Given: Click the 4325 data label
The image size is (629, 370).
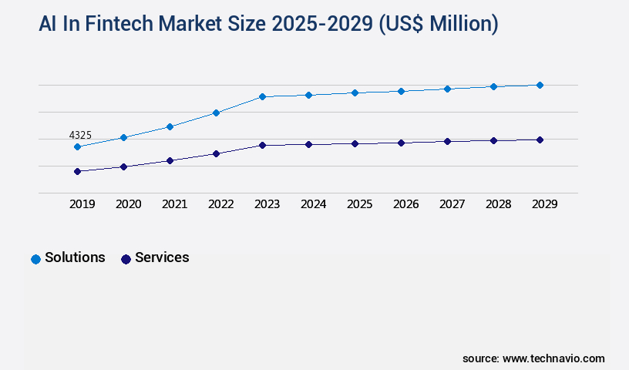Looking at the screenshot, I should coord(80,136).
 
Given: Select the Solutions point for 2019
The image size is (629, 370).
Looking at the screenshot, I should coord(77,146).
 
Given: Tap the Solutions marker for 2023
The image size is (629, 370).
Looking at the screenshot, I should coord(262,96).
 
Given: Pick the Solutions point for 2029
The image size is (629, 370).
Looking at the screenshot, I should coord(540,85).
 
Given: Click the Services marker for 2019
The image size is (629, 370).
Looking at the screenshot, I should coord(77,171).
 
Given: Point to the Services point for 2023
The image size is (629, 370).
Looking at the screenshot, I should coord(262,145).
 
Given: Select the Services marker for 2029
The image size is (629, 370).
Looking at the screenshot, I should coord(540,140).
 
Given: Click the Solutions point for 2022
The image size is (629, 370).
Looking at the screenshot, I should coord(216,113).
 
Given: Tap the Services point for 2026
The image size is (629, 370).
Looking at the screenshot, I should coord(401,143).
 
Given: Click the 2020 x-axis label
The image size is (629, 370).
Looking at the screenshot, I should coord(128,204).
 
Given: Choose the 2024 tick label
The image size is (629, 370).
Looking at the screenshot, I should coord(313,204).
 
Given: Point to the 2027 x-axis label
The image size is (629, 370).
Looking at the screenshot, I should coord(452,204).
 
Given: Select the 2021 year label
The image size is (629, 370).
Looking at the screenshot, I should coord(174,204).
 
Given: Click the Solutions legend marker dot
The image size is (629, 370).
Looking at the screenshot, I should coord(35,259).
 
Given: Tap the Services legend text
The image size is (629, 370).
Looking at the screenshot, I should coord(162,258).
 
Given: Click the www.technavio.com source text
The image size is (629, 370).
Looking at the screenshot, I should coord(553,358).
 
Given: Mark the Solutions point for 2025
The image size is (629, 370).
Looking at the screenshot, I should coord(355,92).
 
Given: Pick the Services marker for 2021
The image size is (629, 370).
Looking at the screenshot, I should coord(170,160).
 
